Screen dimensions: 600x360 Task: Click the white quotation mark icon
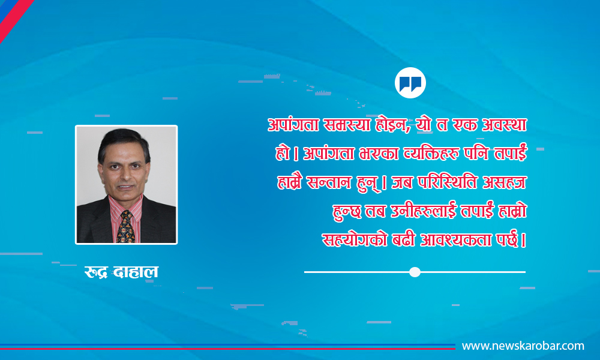click(410, 83)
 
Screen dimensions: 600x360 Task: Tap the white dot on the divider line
click(415, 272)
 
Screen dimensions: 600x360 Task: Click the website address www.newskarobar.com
click(523, 346)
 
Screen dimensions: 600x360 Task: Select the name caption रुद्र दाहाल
click(121, 272)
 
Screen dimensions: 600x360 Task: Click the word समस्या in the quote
click(346, 125)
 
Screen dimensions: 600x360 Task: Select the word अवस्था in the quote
click(504, 125)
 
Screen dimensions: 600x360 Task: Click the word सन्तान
click(329, 182)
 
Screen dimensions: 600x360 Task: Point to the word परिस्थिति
click(447, 182)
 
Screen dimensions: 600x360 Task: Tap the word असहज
click(505, 182)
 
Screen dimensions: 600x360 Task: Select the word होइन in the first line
click(391, 125)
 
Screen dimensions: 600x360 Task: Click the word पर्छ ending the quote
click(508, 239)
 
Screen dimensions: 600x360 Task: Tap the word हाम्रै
click(289, 182)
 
